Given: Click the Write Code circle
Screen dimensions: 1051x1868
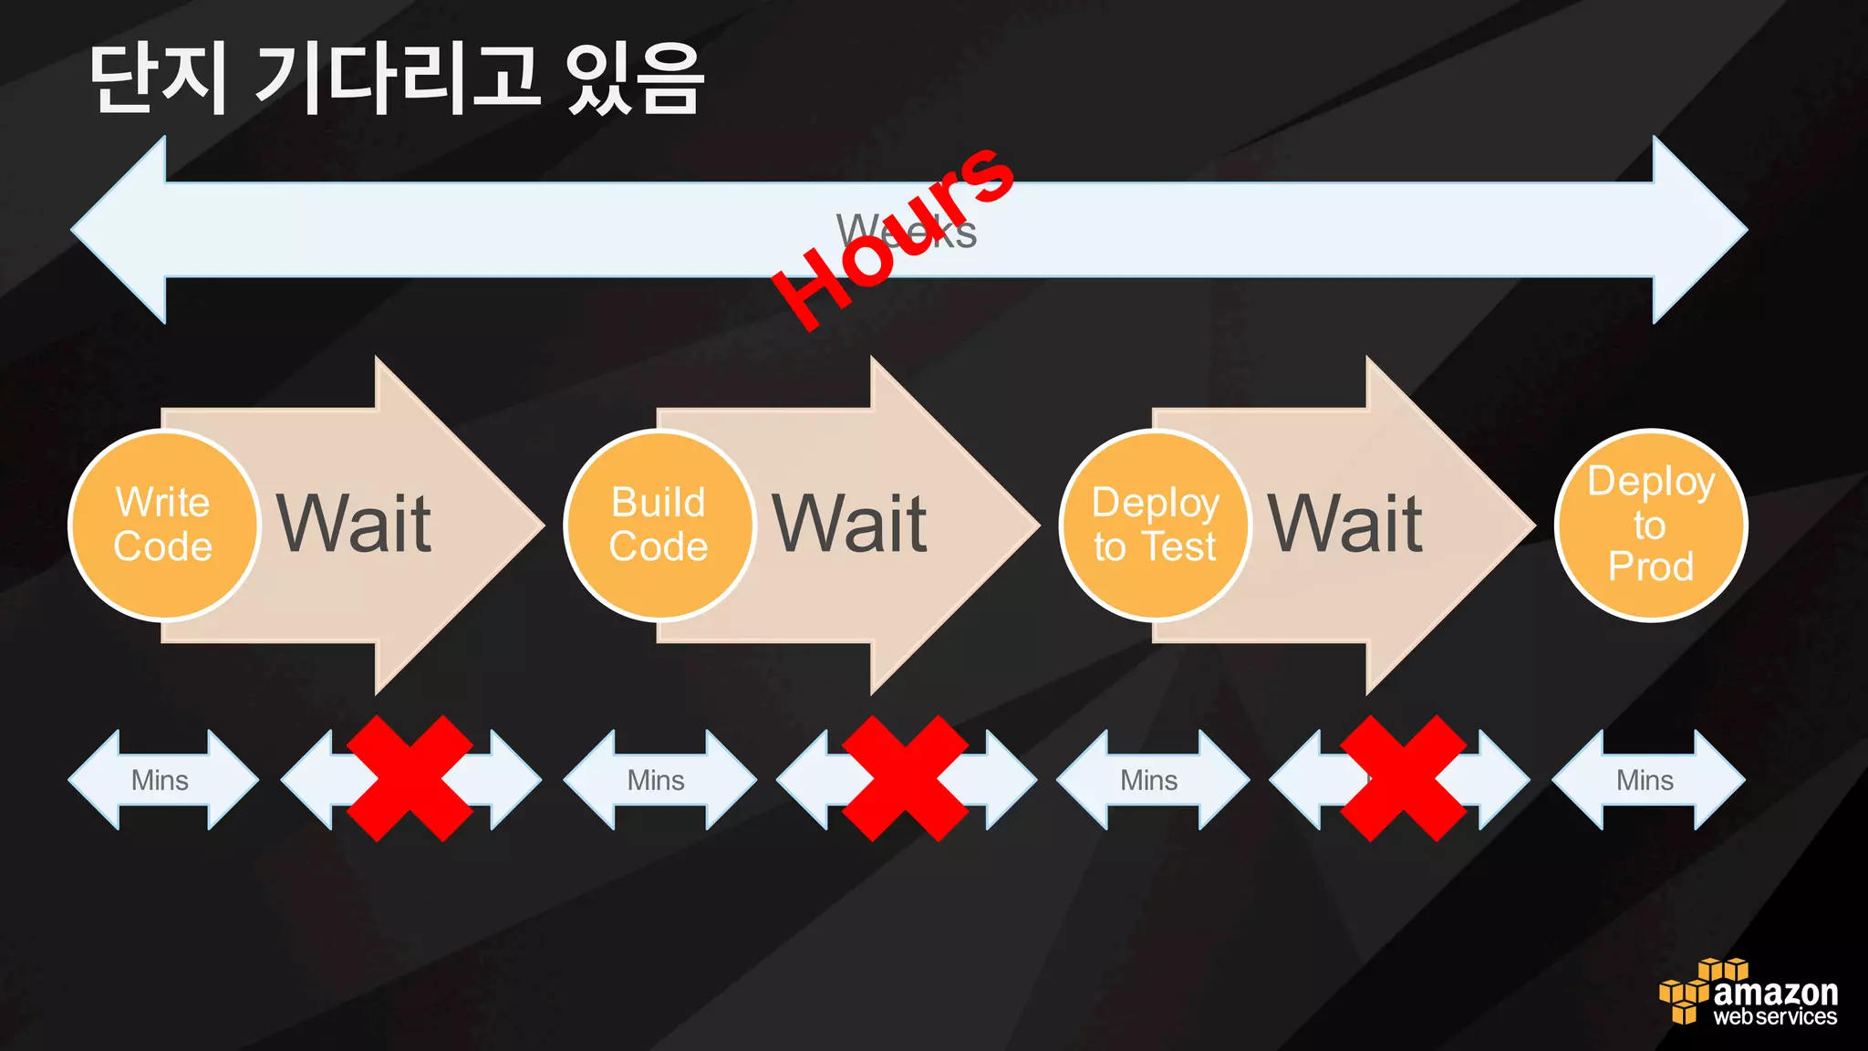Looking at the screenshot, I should tap(163, 525).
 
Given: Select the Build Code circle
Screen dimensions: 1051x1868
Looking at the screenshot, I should tap(659, 525).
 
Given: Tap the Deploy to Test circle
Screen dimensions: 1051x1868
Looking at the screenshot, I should tap(1155, 525).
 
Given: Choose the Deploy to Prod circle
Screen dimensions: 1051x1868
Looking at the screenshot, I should tap(1650, 525).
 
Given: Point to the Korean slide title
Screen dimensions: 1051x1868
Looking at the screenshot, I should tap(397, 79).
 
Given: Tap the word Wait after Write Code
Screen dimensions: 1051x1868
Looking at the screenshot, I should tap(354, 525).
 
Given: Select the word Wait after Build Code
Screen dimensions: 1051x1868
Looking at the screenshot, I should tap(849, 525).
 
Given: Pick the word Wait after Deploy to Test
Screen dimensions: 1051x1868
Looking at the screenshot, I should tap(1344, 525).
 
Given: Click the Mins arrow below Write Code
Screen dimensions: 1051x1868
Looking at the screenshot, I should tap(162, 780).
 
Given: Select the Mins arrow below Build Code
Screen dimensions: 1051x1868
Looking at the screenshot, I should tap(659, 780).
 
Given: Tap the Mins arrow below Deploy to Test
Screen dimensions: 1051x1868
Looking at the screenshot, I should tap(1151, 780).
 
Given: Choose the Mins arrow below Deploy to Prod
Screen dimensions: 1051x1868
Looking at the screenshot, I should tap(1647, 780).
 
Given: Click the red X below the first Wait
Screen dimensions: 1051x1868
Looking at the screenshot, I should tap(410, 778).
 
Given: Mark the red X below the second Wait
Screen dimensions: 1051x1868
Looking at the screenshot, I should tap(905, 778).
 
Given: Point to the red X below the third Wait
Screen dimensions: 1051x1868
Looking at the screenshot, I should tap(1403, 778).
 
